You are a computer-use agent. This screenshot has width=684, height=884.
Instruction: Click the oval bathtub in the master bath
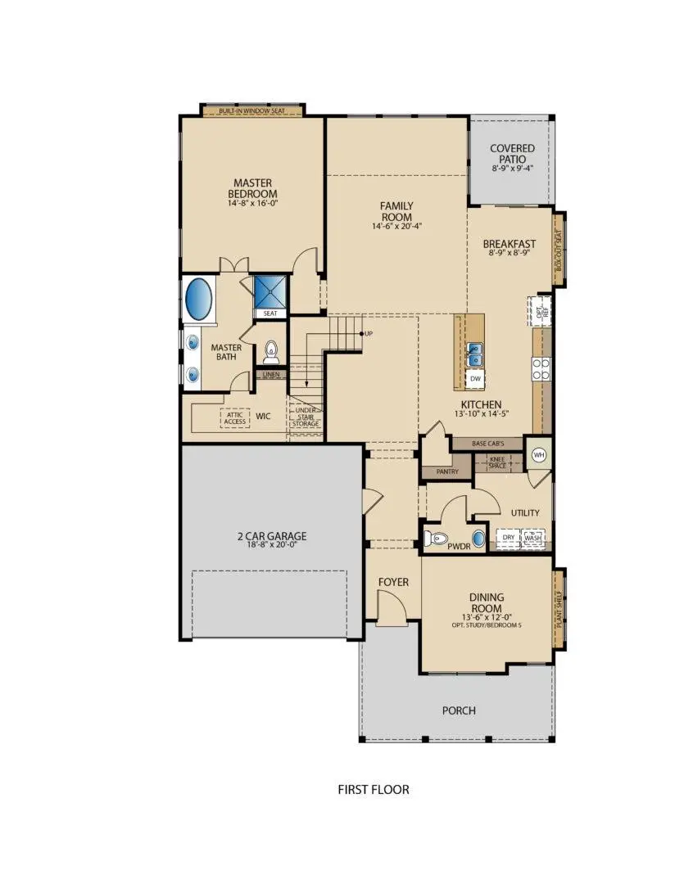click(x=199, y=300)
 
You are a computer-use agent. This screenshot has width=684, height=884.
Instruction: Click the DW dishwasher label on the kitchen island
click(x=474, y=379)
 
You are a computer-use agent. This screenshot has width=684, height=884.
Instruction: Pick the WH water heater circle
click(x=539, y=455)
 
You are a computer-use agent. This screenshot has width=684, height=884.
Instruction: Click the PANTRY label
click(x=446, y=472)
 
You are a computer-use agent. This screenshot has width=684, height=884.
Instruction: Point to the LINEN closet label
click(x=270, y=374)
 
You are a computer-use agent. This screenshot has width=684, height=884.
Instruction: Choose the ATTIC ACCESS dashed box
click(x=235, y=417)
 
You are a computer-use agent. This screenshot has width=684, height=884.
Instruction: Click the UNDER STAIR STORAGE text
click(x=306, y=417)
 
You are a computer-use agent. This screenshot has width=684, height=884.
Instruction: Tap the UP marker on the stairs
click(x=367, y=334)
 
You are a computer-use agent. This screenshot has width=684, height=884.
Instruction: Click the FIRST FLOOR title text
click(x=374, y=790)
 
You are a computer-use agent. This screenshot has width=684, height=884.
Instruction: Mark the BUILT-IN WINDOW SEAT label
click(x=252, y=110)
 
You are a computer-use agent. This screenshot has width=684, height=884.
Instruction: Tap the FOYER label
click(x=392, y=582)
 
